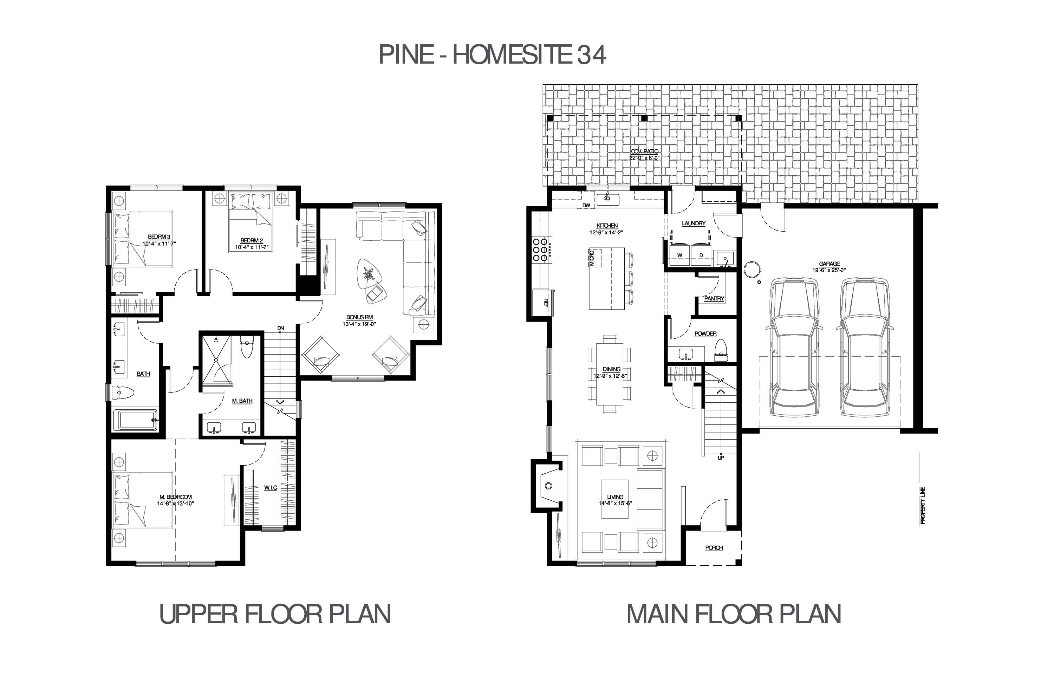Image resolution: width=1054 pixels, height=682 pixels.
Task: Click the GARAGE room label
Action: [829, 264]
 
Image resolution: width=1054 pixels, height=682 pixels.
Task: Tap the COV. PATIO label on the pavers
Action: [644, 151]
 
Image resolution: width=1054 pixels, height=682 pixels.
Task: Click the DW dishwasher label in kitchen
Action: [586, 206]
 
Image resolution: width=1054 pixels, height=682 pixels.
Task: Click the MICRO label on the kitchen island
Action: [592, 258]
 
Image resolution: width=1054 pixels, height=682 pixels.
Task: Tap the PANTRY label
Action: [714, 299]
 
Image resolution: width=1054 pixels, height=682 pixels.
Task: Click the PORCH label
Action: [714, 548]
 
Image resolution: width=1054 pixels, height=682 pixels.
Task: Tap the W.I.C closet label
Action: [271, 488]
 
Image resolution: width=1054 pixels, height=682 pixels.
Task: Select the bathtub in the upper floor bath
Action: [136, 420]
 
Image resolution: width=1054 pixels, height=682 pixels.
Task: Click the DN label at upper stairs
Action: [281, 328]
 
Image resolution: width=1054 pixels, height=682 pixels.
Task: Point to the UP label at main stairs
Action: [721, 457]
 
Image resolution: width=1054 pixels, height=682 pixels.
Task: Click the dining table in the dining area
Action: [610, 374]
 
